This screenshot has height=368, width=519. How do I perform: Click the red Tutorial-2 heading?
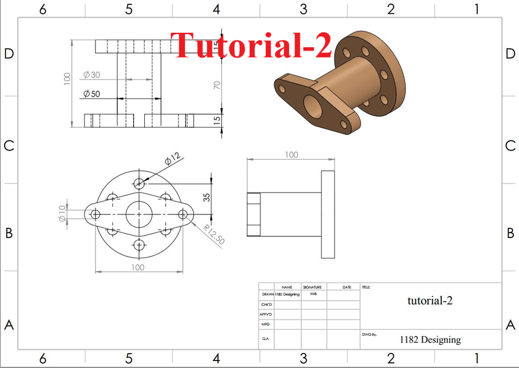click(x=251, y=45)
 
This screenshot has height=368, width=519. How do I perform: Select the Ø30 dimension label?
click(x=91, y=75)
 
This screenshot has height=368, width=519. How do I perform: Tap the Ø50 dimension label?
click(x=91, y=94)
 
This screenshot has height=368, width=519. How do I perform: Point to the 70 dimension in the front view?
click(x=217, y=85)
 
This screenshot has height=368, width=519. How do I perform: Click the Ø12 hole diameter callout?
click(x=172, y=159)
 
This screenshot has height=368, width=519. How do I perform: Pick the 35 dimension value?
click(x=206, y=196)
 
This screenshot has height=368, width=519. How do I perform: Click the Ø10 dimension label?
click(x=61, y=214)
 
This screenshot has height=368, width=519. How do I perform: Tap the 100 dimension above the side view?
click(x=291, y=155)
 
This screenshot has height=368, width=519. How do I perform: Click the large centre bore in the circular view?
click(x=139, y=214)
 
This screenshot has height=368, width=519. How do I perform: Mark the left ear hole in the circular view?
click(x=95, y=214)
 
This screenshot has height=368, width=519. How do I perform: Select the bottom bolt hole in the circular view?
click(x=139, y=245)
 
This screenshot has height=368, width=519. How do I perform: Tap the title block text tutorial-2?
click(x=430, y=300)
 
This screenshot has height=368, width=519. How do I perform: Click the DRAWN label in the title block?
click(x=267, y=294)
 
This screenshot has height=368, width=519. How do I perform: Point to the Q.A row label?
click(x=266, y=339)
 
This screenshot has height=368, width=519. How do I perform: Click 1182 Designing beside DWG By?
click(x=430, y=340)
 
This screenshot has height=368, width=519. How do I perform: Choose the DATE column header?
click(x=347, y=287)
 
